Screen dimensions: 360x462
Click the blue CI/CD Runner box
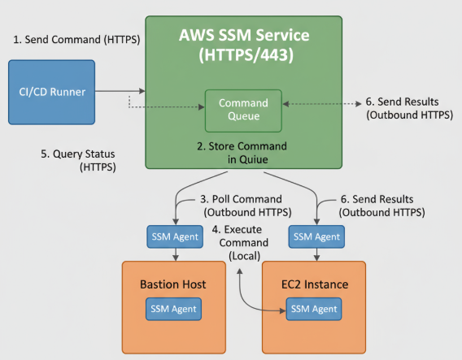(52, 92)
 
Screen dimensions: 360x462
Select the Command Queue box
(243, 110)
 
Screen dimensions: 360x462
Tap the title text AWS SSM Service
(244, 37)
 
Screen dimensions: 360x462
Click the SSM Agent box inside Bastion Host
(174, 310)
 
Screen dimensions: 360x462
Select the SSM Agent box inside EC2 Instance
(313, 310)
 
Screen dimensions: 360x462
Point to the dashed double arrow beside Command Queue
(321, 104)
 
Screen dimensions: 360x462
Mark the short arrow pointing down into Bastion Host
(174, 254)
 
